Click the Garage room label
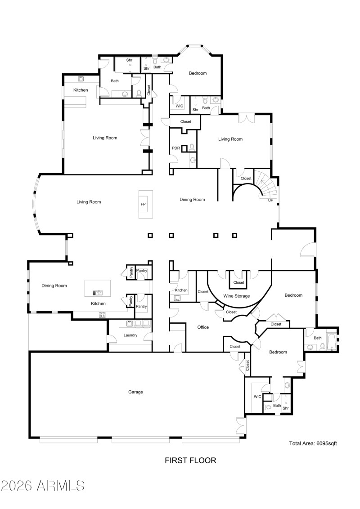(135, 392)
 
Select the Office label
(203, 327)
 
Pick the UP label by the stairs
(270, 200)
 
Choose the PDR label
(176, 148)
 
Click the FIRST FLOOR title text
(190, 460)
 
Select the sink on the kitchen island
(98, 292)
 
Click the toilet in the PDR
(192, 147)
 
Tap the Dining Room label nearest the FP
(192, 200)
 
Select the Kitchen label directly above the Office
(181, 290)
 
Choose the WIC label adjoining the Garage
(257, 397)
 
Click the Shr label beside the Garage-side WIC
(285, 408)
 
